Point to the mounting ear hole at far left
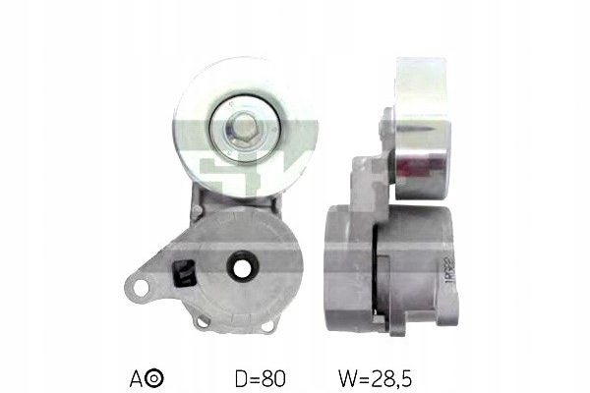(x=141, y=288)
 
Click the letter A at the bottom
(x=137, y=375)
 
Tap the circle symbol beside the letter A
(x=157, y=375)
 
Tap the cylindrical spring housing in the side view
(x=393, y=260)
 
